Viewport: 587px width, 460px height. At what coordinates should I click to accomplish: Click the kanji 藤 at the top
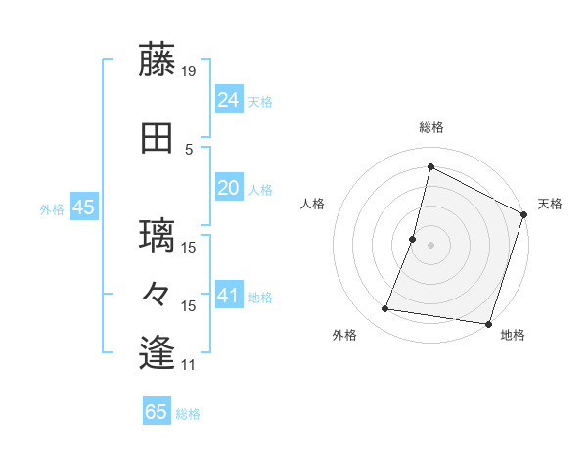pyautogui.click(x=158, y=61)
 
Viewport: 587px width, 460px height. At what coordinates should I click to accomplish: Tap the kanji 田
pyautogui.click(x=158, y=139)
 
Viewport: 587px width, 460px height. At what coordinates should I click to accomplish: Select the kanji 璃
pyautogui.click(x=158, y=236)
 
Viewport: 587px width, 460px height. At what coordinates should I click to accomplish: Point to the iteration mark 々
pyautogui.click(x=158, y=294)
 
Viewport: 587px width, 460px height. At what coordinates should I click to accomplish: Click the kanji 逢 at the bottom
pyautogui.click(x=158, y=352)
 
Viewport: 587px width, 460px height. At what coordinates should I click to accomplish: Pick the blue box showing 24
pyautogui.click(x=229, y=99)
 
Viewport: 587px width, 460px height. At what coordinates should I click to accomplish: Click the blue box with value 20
pyautogui.click(x=229, y=189)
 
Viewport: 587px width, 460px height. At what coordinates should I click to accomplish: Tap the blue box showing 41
pyautogui.click(x=229, y=296)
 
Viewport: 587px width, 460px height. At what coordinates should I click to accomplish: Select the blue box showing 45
pyautogui.click(x=82, y=207)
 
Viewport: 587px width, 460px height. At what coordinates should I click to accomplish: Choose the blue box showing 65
pyautogui.click(x=157, y=412)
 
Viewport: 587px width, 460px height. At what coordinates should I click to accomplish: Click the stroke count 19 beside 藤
pyautogui.click(x=190, y=71)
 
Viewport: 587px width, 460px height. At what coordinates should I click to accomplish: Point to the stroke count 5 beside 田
pyautogui.click(x=189, y=150)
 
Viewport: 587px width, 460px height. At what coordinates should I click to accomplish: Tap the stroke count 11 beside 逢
pyautogui.click(x=189, y=365)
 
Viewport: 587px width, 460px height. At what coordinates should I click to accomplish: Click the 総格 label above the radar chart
pyautogui.click(x=430, y=127)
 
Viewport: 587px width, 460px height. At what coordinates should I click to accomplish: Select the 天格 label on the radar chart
pyautogui.click(x=550, y=204)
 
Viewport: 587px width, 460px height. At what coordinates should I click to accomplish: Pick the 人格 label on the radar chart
pyautogui.click(x=313, y=204)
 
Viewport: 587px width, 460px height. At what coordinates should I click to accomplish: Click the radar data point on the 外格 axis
pyautogui.click(x=385, y=309)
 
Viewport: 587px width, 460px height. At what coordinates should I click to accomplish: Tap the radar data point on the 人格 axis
pyautogui.click(x=413, y=239)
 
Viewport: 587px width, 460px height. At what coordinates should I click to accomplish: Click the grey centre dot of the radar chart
pyautogui.click(x=430, y=245)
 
